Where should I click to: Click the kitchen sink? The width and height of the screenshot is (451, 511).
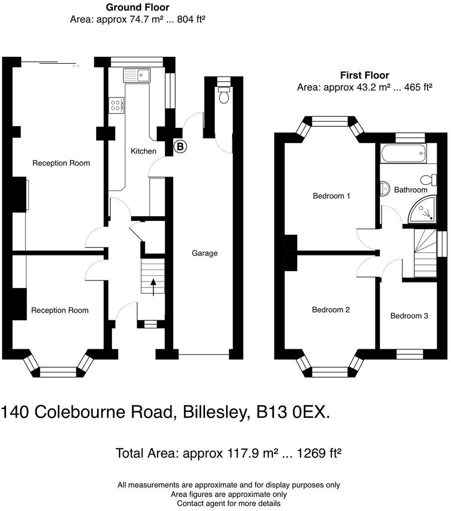tap(137, 75)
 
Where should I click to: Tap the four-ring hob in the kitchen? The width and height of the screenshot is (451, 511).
tap(116, 105)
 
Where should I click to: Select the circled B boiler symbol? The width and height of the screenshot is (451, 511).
tap(180, 147)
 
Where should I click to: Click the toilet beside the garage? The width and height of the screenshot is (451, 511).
tap(224, 94)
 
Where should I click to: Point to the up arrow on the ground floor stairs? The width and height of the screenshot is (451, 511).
tap(153, 286)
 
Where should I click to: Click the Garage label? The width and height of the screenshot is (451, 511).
tap(205, 253)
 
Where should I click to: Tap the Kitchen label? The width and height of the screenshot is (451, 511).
tap(143, 151)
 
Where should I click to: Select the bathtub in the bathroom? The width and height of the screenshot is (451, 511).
tap(403, 154)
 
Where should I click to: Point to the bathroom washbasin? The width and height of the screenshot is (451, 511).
tap(385, 188)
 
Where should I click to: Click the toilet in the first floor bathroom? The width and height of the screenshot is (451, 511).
tap(429, 179)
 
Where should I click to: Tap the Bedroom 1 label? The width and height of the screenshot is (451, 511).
tap(331, 196)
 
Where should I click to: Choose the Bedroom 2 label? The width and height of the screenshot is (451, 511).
tap(331, 309)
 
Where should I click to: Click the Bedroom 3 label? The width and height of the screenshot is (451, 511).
tap(409, 315)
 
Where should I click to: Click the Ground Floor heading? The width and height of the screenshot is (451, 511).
tap(137, 7)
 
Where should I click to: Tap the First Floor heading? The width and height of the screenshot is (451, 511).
tap(364, 75)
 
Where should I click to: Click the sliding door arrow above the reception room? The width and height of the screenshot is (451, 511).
tap(75, 65)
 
